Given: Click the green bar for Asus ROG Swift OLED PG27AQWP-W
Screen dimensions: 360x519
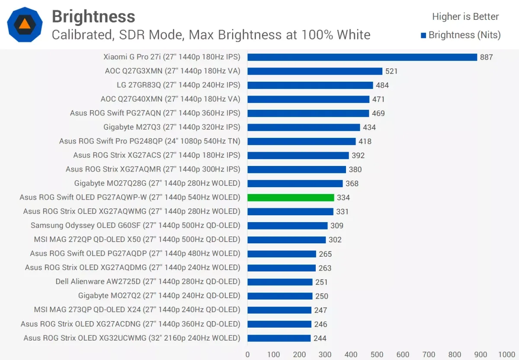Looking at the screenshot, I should coord(291,198).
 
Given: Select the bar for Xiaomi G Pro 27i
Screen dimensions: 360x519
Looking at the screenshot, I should coord(362,57).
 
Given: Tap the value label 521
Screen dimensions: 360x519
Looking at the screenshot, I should coord(391,71).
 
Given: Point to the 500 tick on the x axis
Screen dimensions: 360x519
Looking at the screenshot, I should coord(377,355).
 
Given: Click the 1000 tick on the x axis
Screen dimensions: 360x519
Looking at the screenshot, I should coord(506,355).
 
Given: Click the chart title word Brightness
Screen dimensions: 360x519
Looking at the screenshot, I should coord(93,17).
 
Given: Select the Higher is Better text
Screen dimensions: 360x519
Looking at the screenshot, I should coord(465,17).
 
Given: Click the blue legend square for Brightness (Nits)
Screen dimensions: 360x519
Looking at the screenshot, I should coord(423,35).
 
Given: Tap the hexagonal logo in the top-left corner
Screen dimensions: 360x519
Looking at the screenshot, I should coord(25,24).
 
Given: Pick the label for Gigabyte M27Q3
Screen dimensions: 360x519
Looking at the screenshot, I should coord(172,127).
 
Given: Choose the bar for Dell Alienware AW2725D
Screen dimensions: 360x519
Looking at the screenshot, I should coord(280,282).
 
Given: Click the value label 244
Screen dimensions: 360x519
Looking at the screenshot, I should coord(320,338).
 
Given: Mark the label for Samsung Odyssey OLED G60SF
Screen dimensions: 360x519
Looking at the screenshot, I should coord(135,225).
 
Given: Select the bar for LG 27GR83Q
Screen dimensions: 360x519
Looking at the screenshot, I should coord(310,85).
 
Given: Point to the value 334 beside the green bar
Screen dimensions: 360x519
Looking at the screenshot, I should coord(343,198).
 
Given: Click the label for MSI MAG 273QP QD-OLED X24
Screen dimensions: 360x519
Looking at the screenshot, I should coord(137,309).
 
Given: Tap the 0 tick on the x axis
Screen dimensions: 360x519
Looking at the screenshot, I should coord(247,355).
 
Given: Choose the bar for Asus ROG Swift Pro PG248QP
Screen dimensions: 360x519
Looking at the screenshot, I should coord(301,141).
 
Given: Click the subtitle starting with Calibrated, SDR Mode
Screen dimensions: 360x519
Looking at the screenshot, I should coord(211,35).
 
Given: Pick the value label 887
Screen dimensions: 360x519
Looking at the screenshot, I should coord(486,57).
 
